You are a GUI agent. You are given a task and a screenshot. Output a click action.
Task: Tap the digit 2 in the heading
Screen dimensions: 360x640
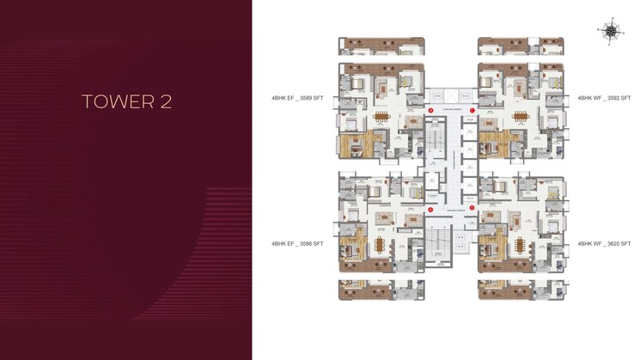[166, 101]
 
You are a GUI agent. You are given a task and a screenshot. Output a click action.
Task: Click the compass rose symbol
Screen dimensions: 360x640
[611, 32]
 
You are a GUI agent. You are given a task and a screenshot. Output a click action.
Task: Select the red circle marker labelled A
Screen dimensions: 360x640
[430, 112]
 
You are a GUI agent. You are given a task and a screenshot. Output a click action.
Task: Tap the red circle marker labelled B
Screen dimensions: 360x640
[472, 112]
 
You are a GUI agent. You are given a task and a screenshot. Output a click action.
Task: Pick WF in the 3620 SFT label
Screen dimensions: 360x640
[594, 244]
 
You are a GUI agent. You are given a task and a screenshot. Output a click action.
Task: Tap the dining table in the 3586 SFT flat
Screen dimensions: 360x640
[381, 244]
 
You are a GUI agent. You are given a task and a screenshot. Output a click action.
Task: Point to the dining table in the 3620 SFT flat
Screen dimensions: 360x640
[521, 244]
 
